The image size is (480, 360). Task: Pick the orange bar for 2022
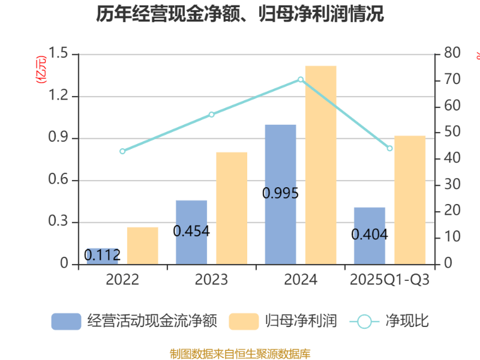[x=142, y=245]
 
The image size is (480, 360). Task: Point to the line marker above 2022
[x=122, y=151]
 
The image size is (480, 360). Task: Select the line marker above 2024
[x=301, y=79]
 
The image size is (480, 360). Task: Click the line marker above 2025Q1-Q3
[x=389, y=148]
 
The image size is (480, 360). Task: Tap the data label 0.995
[x=280, y=193]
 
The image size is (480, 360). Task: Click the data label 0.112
[x=102, y=255]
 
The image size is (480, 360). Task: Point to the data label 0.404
[x=370, y=234]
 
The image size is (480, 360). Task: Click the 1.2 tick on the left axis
[x=58, y=97]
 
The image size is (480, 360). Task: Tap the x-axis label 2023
[x=211, y=280]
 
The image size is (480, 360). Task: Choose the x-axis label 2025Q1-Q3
[x=389, y=280]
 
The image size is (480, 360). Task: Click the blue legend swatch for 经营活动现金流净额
[x=66, y=321]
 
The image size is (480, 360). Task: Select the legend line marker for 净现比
[x=364, y=321]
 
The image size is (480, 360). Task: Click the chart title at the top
[x=240, y=13]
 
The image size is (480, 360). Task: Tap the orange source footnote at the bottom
[x=240, y=353]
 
